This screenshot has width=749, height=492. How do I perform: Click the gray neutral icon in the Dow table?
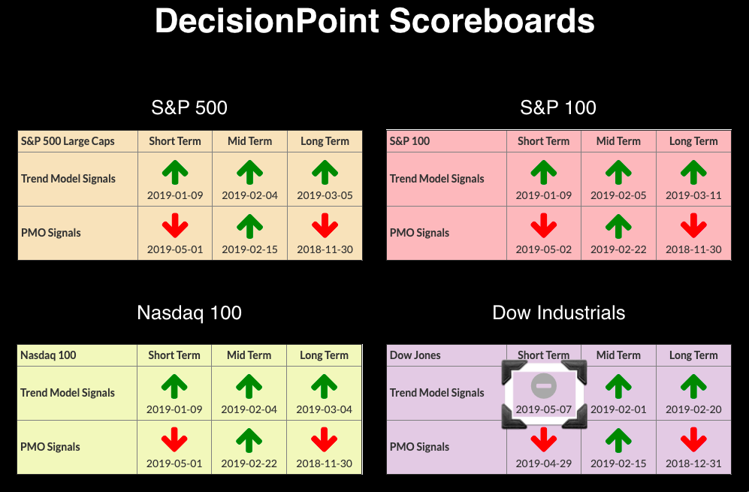(544, 385)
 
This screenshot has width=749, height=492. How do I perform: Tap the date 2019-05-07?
(544, 409)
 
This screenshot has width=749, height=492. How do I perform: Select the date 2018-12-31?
(693, 463)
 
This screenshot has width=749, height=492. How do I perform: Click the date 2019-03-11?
(693, 195)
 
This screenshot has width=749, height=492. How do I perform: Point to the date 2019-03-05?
(325, 195)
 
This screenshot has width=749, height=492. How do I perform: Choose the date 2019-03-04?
(324, 409)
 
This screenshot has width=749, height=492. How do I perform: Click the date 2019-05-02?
(544, 249)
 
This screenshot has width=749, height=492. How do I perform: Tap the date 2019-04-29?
(544, 463)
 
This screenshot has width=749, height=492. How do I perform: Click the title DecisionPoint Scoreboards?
(374, 20)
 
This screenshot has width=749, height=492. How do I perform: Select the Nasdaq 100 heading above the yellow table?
(189, 313)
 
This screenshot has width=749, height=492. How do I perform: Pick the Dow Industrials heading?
(558, 313)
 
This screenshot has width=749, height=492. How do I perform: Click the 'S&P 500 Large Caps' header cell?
(68, 141)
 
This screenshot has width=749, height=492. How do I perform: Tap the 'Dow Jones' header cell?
(415, 355)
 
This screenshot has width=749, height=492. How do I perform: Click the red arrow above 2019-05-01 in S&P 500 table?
(175, 225)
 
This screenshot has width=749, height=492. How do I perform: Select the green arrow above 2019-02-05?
(618, 172)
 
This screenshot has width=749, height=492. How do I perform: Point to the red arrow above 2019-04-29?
(544, 439)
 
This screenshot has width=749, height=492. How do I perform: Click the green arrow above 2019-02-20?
(693, 386)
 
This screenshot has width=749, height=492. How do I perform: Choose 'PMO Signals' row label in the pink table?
(419, 233)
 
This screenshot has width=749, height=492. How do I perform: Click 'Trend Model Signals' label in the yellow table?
(68, 393)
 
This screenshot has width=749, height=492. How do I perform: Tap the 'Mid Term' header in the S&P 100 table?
(618, 141)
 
